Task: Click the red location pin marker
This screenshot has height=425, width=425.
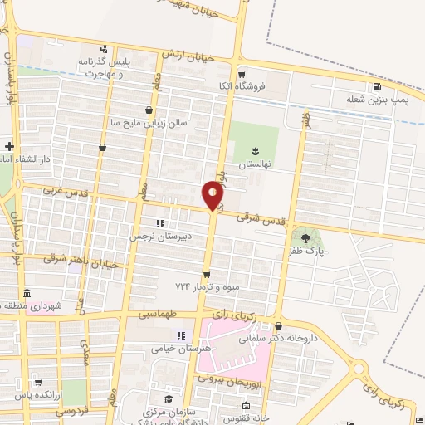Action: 213,196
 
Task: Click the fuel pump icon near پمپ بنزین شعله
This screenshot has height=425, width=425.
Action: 377,86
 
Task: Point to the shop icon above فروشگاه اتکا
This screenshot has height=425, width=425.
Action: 242,73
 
